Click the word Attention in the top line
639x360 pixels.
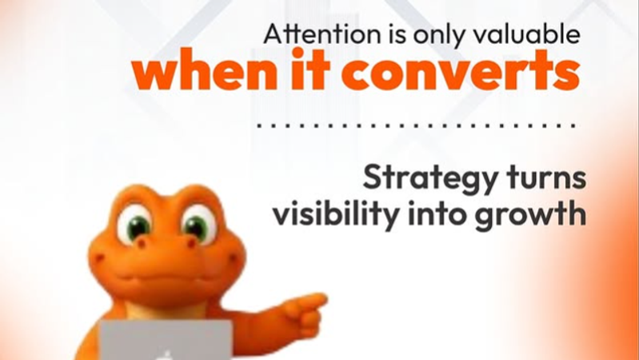click(308, 35)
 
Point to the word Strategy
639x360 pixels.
click(421, 178)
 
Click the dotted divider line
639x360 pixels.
click(416, 126)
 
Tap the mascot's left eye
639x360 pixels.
click(135, 226)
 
